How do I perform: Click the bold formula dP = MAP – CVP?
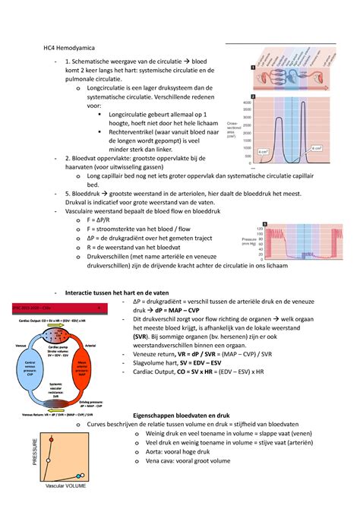(x=172, y=310)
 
